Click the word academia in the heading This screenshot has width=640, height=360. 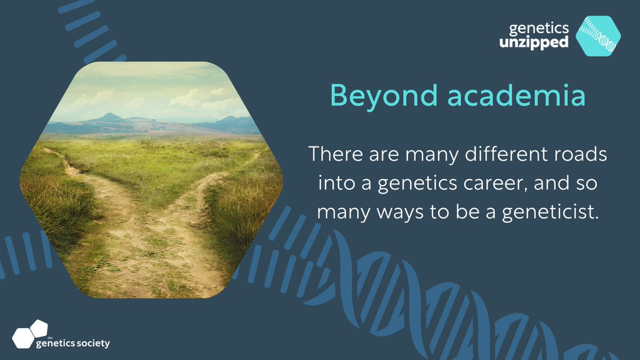click(x=517, y=95)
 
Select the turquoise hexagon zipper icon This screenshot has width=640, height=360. click(x=598, y=36)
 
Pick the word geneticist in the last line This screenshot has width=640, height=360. click(x=550, y=212)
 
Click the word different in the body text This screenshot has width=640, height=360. click(x=506, y=154)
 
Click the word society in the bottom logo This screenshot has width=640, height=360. click(x=93, y=343)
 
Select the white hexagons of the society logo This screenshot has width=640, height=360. click(x=30, y=334)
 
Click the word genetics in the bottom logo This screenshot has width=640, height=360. click(x=55, y=343)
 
